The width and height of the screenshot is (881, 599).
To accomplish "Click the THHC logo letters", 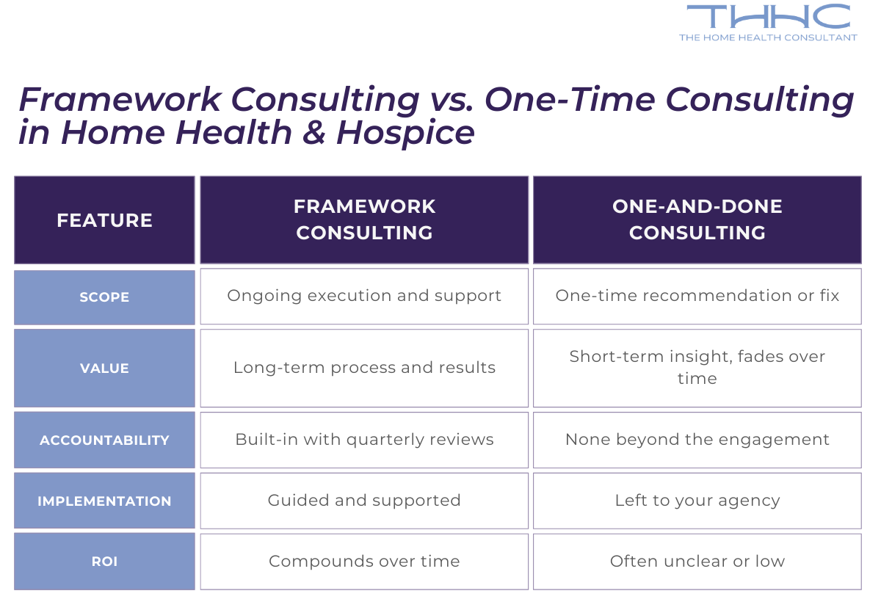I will click(x=768, y=17).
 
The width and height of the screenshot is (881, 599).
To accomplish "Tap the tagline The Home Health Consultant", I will click(x=768, y=37).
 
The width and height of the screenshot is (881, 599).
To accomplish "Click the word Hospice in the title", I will click(x=405, y=133).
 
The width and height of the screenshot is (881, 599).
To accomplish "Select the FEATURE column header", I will click(x=104, y=220).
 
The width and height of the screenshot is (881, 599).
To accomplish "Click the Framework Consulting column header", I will click(x=364, y=219).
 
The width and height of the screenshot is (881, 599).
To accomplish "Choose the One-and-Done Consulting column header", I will click(x=697, y=219).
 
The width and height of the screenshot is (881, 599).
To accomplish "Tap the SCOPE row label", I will click(x=104, y=297).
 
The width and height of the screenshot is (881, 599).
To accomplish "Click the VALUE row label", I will click(x=104, y=369).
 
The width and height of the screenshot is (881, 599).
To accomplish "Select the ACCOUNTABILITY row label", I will click(x=104, y=440).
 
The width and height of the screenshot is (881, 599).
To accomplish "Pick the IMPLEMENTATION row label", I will click(x=104, y=501).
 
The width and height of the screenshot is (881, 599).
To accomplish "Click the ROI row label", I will click(x=104, y=562).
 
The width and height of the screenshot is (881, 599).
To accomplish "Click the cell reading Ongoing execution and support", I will click(x=364, y=296).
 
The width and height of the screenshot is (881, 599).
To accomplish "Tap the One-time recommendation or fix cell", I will click(x=697, y=296).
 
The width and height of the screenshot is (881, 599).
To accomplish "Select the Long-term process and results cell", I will click(x=364, y=368).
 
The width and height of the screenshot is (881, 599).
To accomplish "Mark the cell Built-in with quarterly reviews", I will click(x=364, y=440).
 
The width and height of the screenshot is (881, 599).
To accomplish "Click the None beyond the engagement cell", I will click(x=697, y=440).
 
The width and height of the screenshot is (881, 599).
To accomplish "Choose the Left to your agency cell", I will click(x=697, y=501).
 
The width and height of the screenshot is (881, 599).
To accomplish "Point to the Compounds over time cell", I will click(x=364, y=562).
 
